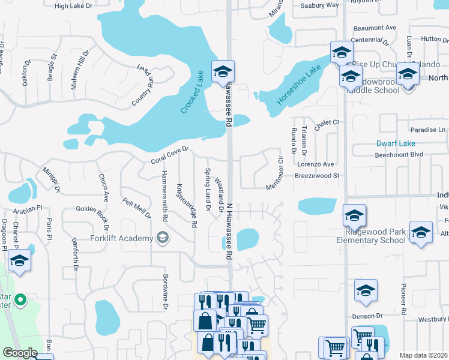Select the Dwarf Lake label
pos(396,144)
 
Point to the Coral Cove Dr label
pos(170,155)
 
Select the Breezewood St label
pos(317,176)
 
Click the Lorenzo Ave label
pos(315,164)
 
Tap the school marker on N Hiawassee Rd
pos(222,71)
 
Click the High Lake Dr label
pos(74,6)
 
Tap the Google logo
pos(20,352)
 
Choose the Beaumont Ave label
pos(375,28)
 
